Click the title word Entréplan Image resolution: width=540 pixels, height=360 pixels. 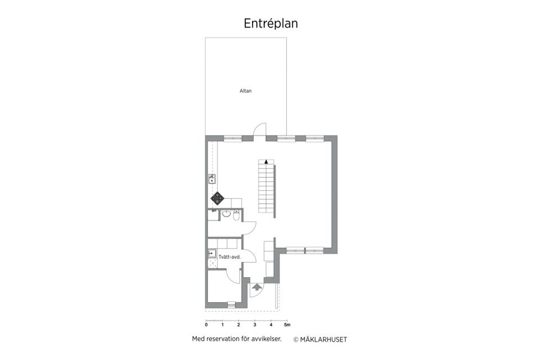[270, 23]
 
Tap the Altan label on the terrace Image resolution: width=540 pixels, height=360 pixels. [245, 90]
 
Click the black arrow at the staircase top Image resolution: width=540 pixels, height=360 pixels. [266, 161]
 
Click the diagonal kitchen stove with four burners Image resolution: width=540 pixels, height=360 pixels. [218, 198]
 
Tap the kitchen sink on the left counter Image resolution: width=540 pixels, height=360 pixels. [212, 179]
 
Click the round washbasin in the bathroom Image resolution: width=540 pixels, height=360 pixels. [225, 214]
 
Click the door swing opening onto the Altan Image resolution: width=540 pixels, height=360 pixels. [259, 130]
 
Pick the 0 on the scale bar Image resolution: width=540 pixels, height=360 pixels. [206, 325]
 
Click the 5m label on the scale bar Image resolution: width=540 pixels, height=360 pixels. [287, 325]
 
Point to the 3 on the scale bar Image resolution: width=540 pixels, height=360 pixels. [255, 325]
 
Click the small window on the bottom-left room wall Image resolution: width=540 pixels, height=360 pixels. [231, 304]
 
